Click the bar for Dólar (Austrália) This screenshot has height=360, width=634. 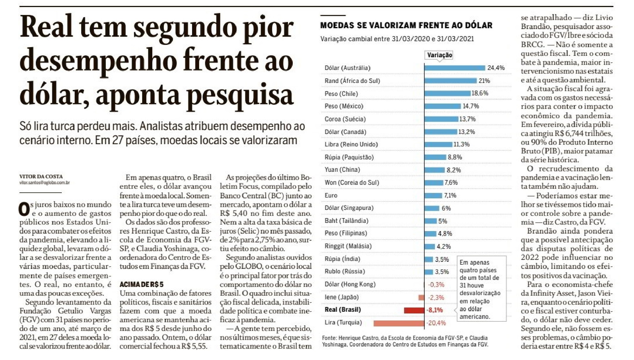point(455,68)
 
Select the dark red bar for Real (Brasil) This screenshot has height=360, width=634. point(414,310)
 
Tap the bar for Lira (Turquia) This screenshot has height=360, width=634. point(399,323)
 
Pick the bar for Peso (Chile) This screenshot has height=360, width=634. point(448,93)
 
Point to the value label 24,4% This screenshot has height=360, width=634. point(496,68)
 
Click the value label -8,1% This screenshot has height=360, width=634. point(435,310)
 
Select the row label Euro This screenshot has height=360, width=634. point(331,195)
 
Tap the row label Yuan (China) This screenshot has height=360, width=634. point(342,170)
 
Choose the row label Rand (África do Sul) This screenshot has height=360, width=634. point(352,81)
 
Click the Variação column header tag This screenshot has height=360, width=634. point(439,55)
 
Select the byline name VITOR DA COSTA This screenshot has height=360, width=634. point(41,176)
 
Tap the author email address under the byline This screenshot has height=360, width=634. point(45,183)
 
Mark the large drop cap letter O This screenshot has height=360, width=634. point(24,208)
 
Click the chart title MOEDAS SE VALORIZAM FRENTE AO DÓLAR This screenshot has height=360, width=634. point(406,25)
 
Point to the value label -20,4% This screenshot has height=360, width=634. point(436,323)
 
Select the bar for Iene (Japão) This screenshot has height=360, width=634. point(422,297)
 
